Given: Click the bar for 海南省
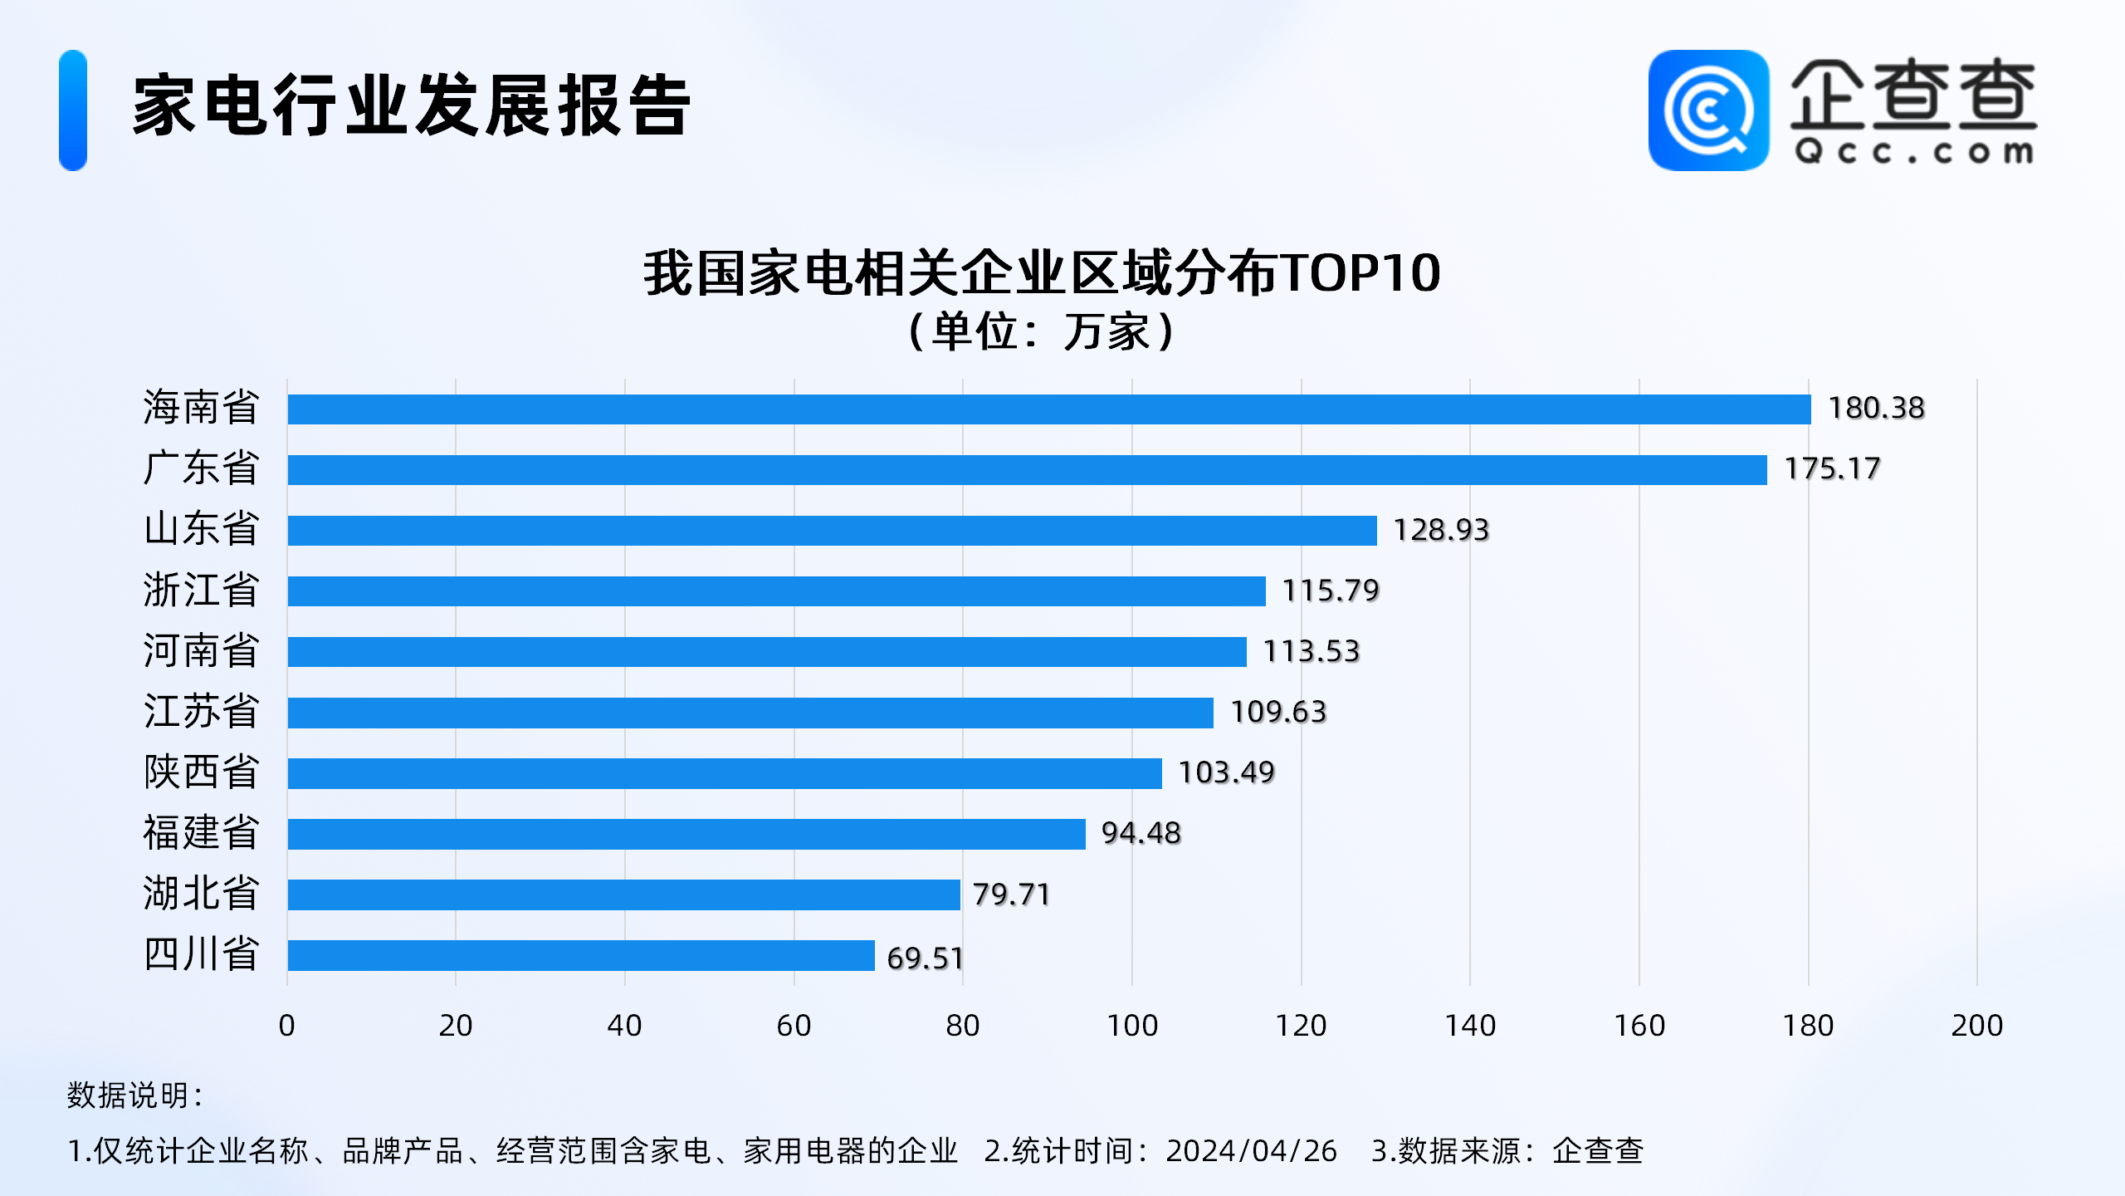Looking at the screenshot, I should pos(1048,409).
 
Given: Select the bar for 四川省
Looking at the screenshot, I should pos(580,955).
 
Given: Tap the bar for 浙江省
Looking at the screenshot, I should pos(776,591).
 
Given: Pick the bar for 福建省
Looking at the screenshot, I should pos(686,834).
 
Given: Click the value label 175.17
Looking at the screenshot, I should pos(1832,469).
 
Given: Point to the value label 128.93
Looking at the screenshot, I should pos(1441,530).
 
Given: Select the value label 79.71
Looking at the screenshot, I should pos(1011,895).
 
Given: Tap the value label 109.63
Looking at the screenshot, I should pos(1278,712).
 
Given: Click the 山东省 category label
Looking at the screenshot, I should pos(201,529).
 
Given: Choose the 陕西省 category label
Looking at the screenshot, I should pos(201,772).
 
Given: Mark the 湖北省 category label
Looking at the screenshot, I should pos(201,894).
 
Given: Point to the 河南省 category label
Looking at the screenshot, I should pos(201,650).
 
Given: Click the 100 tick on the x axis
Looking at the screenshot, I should pos(1132,1026).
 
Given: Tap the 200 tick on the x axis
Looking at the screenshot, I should pos(1976,1026).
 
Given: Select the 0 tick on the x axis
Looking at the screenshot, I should pos(287,1026).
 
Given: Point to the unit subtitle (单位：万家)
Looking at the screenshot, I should pos(1042,331).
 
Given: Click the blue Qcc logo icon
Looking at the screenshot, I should pos(1708,110).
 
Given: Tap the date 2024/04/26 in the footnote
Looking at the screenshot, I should pos(1251,1151).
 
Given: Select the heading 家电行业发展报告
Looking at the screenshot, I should pos(411,106).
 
